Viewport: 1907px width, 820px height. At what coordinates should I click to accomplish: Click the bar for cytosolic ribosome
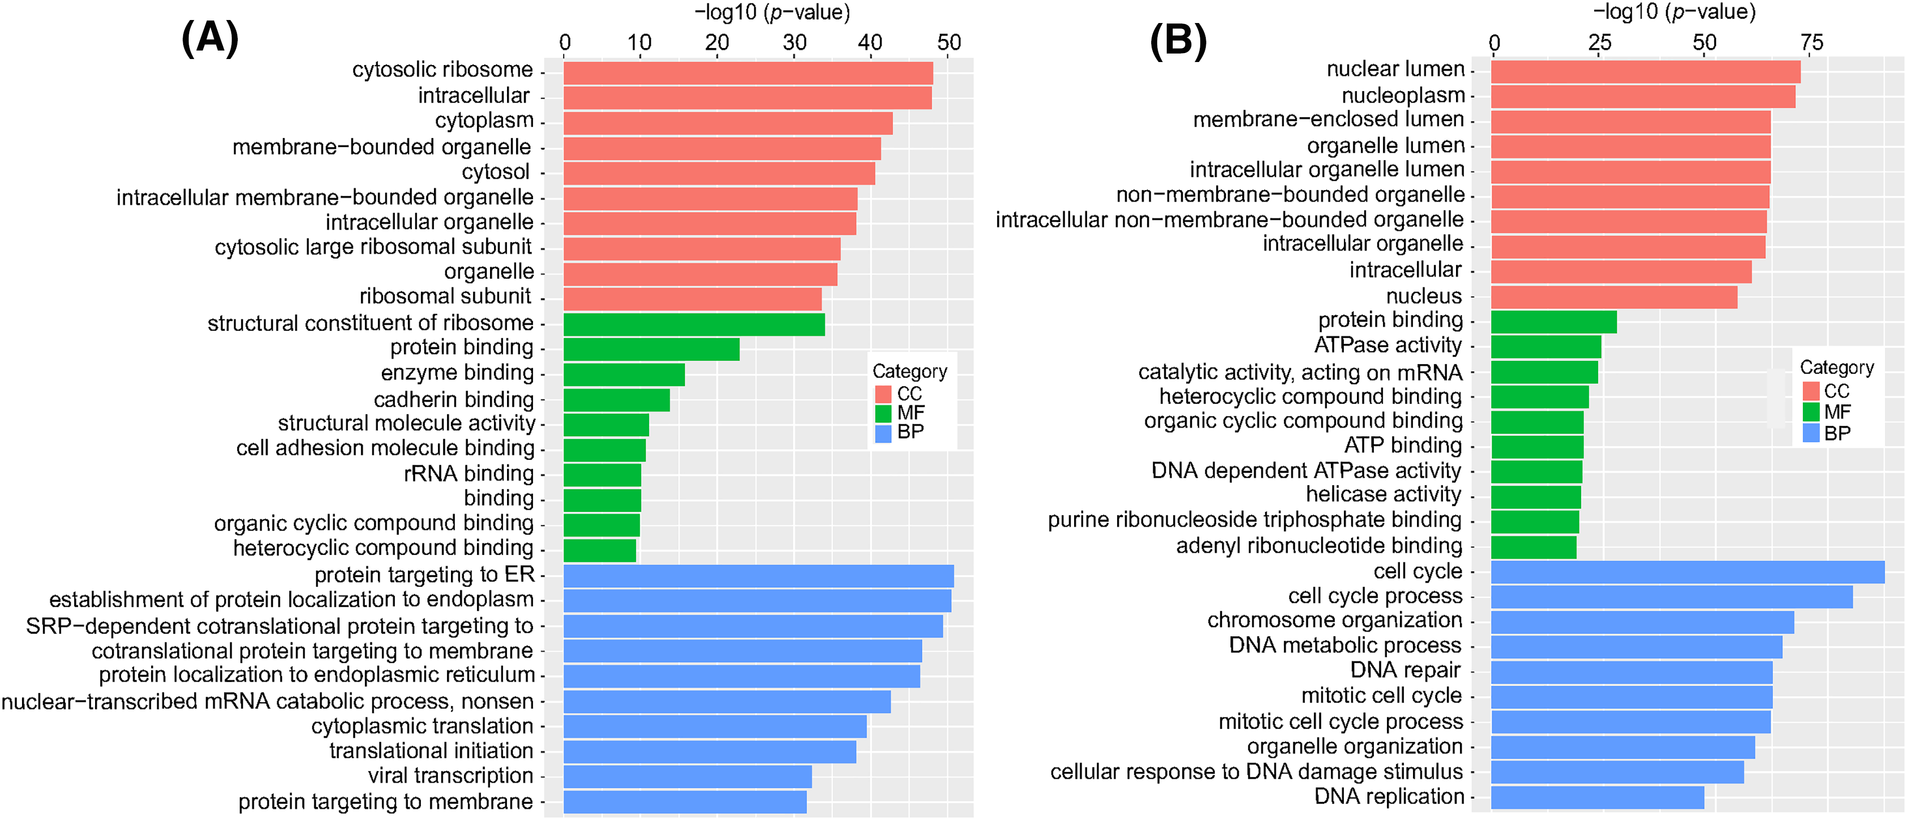pyautogui.click(x=748, y=73)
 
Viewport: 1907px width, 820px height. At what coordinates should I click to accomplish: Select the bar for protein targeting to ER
pyautogui.click(x=758, y=576)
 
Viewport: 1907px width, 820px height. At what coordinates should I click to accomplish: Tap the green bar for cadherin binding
pyautogui.click(x=617, y=400)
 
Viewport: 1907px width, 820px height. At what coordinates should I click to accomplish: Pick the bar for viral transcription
pyautogui.click(x=687, y=776)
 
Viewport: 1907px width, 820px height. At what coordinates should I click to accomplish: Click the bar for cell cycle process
pyautogui.click(x=1672, y=596)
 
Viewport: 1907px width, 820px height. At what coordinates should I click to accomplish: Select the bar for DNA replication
pyautogui.click(x=1597, y=797)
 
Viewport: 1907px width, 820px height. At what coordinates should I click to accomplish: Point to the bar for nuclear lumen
pyautogui.click(x=1645, y=72)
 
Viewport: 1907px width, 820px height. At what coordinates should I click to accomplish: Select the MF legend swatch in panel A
pyautogui.click(x=883, y=413)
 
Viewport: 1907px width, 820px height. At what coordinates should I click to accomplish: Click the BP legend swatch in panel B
pyautogui.click(x=1811, y=433)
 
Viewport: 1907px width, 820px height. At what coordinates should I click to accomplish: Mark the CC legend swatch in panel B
pyautogui.click(x=1811, y=391)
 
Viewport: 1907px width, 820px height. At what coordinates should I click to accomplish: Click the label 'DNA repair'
pyautogui.click(x=1405, y=670)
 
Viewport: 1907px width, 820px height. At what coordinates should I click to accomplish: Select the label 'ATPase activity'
pyautogui.click(x=1388, y=345)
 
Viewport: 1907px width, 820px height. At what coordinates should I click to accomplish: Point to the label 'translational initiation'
pyautogui.click(x=431, y=750)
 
